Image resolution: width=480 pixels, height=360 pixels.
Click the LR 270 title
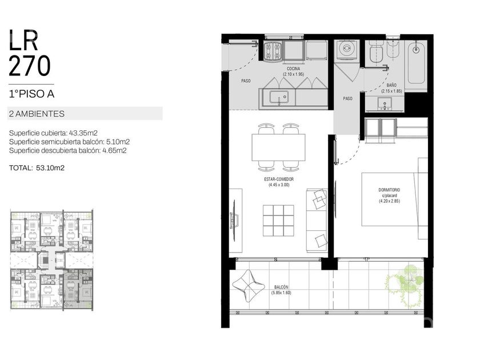point(29,53)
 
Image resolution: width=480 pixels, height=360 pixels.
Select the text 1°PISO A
point(31,94)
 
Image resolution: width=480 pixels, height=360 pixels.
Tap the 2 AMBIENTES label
point(37,114)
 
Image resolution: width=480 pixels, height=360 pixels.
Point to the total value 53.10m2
point(50,168)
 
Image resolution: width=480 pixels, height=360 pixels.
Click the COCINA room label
point(293,69)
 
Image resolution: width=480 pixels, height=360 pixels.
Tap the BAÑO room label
point(391,85)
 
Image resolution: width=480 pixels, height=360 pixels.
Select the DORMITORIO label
point(389,190)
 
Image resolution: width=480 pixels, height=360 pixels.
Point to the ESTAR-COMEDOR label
point(279,179)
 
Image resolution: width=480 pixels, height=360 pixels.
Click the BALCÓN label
point(281,287)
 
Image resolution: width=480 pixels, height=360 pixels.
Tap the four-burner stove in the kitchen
point(273,51)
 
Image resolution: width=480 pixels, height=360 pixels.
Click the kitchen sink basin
point(279,98)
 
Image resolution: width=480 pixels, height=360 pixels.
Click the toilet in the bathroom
point(376,53)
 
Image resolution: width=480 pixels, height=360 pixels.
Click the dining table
point(279,147)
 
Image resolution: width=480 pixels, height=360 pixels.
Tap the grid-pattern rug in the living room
point(278,221)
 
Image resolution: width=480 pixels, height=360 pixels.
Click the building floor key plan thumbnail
point(52,260)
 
